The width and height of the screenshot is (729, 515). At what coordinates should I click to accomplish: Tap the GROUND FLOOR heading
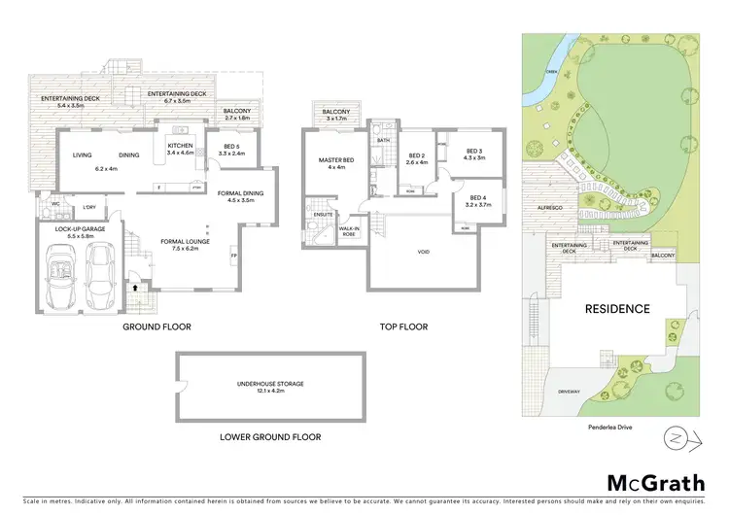point(156,327)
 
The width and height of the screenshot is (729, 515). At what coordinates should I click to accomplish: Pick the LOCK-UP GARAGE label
point(68,230)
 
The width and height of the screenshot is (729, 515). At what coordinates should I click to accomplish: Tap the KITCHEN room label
point(182,150)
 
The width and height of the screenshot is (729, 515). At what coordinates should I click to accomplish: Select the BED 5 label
point(230,150)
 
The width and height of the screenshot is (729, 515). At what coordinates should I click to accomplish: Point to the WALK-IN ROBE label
point(349,233)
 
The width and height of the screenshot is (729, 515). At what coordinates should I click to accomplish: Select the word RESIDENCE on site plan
point(616,309)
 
